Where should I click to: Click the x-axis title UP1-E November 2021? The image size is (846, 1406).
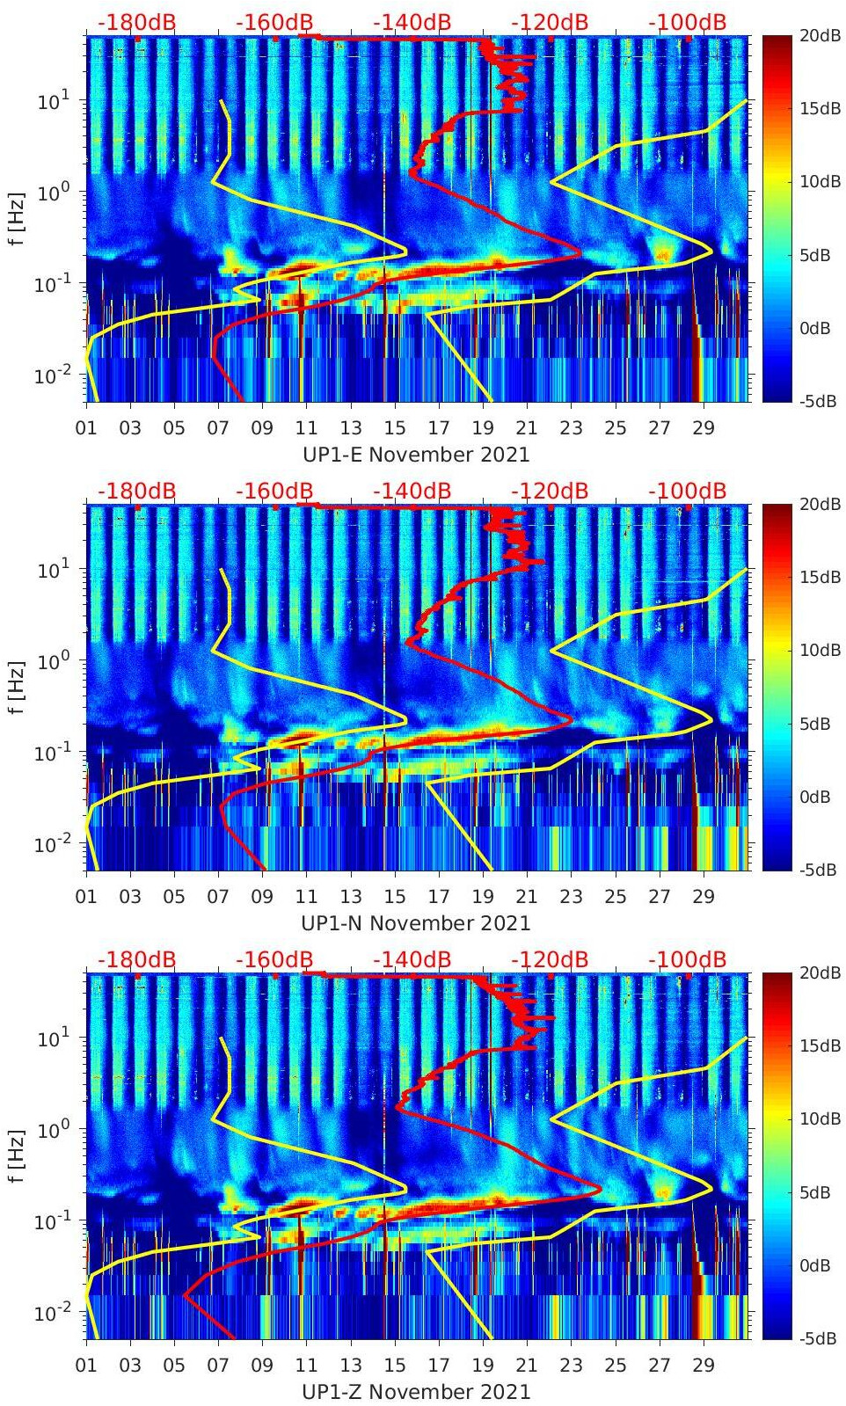(416, 455)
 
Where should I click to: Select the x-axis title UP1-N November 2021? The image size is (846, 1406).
(416, 923)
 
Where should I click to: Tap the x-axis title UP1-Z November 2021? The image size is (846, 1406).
(416, 1392)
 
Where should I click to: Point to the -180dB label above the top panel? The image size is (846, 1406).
(136, 22)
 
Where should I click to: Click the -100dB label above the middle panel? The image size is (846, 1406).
(687, 491)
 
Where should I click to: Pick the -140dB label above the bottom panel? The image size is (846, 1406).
(412, 959)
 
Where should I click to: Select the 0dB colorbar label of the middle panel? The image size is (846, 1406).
(815, 797)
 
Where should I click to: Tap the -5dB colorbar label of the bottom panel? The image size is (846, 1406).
(818, 1338)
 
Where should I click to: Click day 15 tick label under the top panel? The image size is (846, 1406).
(395, 428)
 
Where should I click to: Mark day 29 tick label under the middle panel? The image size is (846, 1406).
(704, 897)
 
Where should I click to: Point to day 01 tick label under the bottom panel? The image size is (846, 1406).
(86, 1366)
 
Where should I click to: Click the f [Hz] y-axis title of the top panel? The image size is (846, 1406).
(17, 219)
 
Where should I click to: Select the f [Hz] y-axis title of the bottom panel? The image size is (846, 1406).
(17, 1156)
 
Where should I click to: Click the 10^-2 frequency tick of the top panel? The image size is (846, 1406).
(48, 375)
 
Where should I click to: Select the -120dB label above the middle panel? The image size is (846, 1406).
(549, 491)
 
